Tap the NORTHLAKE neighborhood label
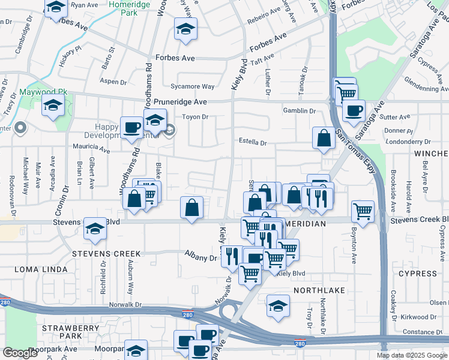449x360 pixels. [x=319, y=290]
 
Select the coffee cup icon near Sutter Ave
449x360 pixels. [x=354, y=110]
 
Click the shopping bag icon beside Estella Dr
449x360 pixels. [x=324, y=137]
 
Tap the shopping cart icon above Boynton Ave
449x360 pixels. [x=363, y=211]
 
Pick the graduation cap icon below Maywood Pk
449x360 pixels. [x=53, y=106]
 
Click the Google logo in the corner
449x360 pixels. [x=20, y=353]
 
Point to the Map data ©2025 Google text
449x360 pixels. [x=412, y=355]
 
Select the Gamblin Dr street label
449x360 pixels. [x=300, y=111]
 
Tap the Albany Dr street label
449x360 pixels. [x=200, y=257]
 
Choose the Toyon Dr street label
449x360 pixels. [x=195, y=118]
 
